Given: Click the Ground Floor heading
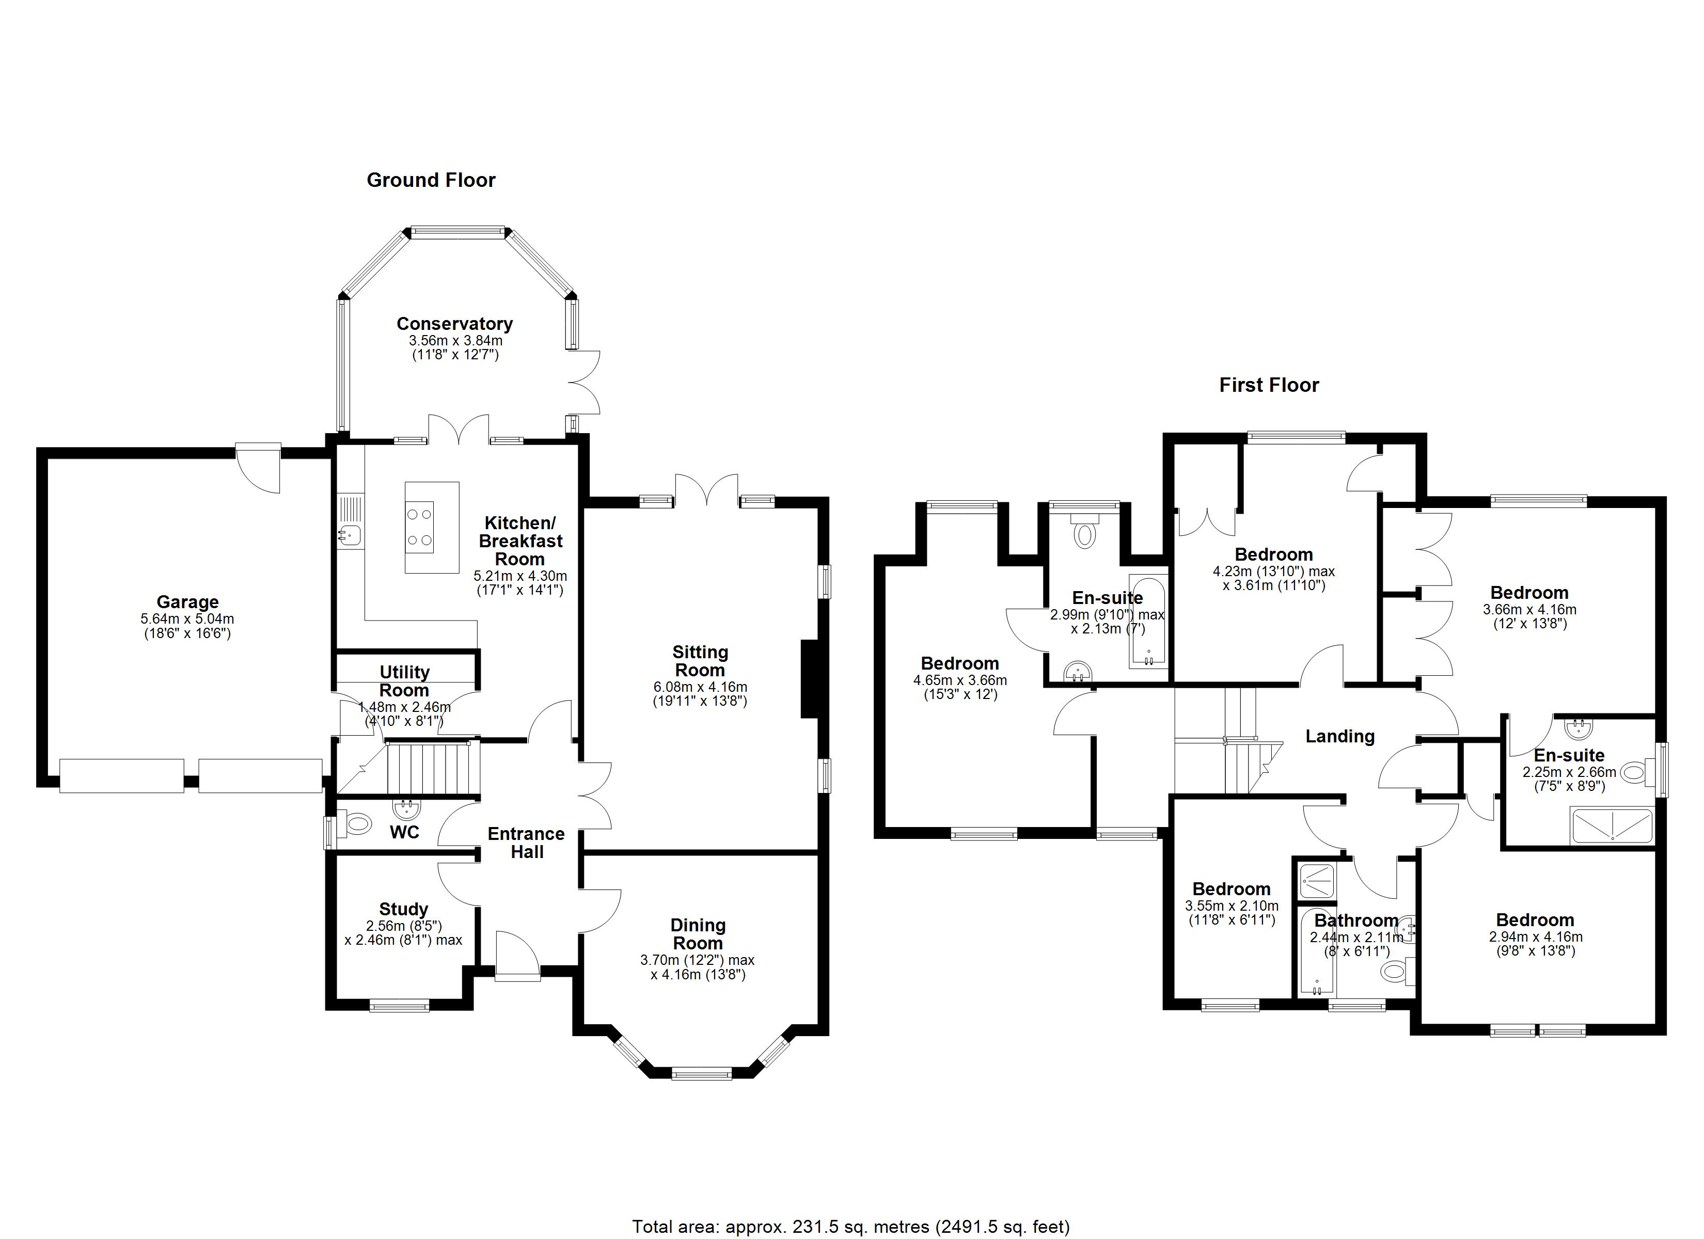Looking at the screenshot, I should coord(431,180).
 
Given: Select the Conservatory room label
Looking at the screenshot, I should coord(454,324).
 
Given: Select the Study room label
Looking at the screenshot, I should coord(403,909).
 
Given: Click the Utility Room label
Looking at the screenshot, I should coord(404,681).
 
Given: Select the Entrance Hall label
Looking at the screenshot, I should coord(526,843).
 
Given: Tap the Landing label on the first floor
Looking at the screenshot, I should coord(1339,736).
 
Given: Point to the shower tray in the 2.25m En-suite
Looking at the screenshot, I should coord(1612,826).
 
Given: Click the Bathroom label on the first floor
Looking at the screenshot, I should coord(1356,920).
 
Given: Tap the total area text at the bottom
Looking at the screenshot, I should coord(850,1227).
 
